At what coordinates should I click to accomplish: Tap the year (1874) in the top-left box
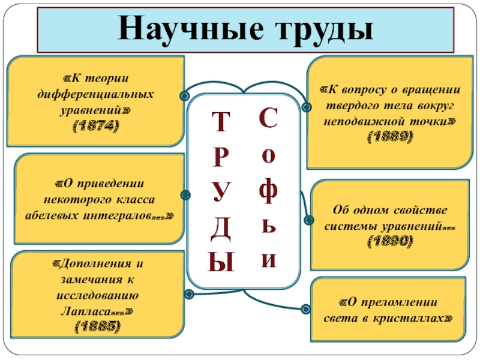pos(96,126)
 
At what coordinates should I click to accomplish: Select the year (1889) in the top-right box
pos(390,136)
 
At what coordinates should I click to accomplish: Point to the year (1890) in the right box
pos(390,241)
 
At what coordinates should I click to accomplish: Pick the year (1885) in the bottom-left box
pos(96,326)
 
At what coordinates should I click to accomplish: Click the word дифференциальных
pos(96,95)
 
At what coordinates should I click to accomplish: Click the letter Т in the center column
pos(223,121)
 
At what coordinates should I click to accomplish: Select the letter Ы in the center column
pos(223,262)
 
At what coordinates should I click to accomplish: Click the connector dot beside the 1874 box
pos(185,95)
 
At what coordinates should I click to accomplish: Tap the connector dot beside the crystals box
pos(305,308)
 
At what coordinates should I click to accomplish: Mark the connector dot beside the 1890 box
pos(310,220)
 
